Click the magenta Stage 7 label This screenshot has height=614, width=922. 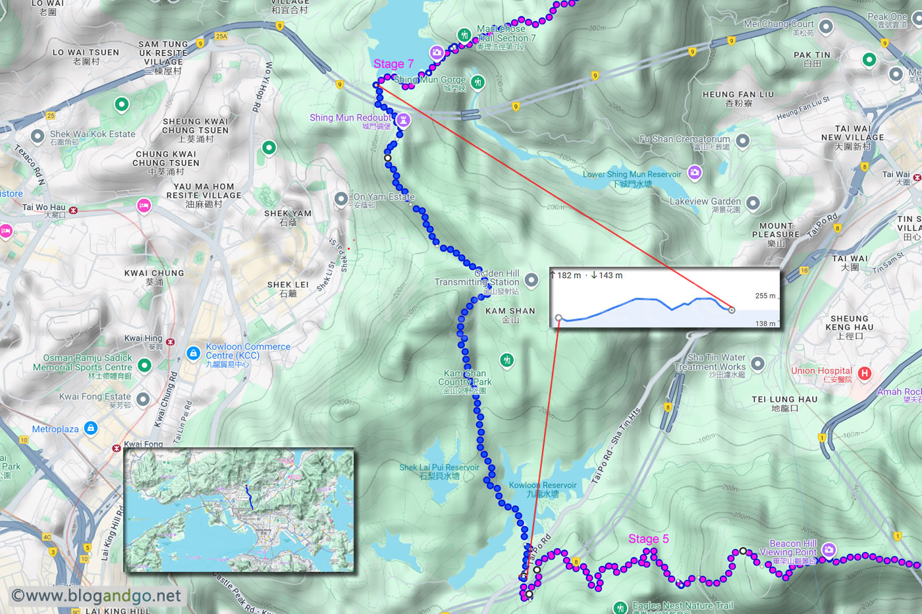[393, 64]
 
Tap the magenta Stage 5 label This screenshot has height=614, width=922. [648, 539]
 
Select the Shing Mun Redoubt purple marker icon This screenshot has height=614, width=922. [403, 119]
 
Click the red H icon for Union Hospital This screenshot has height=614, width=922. [865, 374]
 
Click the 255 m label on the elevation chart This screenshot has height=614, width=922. [765, 296]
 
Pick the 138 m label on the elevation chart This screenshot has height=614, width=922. [765, 323]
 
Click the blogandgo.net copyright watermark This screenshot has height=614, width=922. [96, 596]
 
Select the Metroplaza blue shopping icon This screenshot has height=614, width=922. [91, 428]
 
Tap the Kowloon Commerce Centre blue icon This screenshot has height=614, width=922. [193, 353]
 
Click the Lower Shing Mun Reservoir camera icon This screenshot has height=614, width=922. [694, 173]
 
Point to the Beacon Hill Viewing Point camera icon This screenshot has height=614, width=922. [828, 549]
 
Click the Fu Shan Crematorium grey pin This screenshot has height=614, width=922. [743, 140]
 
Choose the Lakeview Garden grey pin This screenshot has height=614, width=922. [753, 203]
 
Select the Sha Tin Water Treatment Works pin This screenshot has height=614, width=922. [757, 363]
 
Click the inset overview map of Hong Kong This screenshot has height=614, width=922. [239, 510]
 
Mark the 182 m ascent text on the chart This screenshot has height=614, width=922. [568, 275]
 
